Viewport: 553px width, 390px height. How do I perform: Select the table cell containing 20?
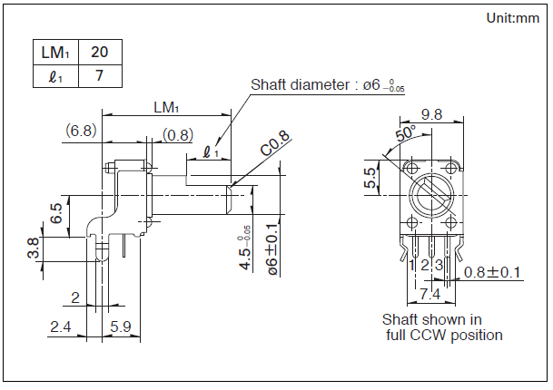coord(100,53)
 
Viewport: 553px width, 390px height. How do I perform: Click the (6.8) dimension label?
coord(81,131)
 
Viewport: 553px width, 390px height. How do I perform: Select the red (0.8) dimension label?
coord(177,135)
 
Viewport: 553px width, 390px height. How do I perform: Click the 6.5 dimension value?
coord(56,214)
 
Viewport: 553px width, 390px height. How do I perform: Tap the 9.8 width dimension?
coord(431,114)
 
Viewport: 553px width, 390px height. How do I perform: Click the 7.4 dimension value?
coord(430,294)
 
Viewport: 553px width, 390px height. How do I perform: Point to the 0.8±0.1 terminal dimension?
coord(492,272)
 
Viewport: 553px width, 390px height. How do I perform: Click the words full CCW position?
coord(444,335)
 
